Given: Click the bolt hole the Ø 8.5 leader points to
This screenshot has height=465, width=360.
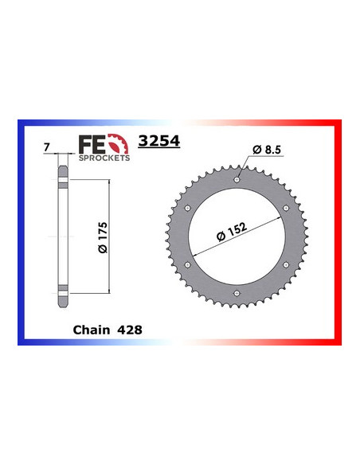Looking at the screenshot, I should click(x=237, y=180).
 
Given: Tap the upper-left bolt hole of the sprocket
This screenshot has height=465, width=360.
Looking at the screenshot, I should click(x=188, y=208).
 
